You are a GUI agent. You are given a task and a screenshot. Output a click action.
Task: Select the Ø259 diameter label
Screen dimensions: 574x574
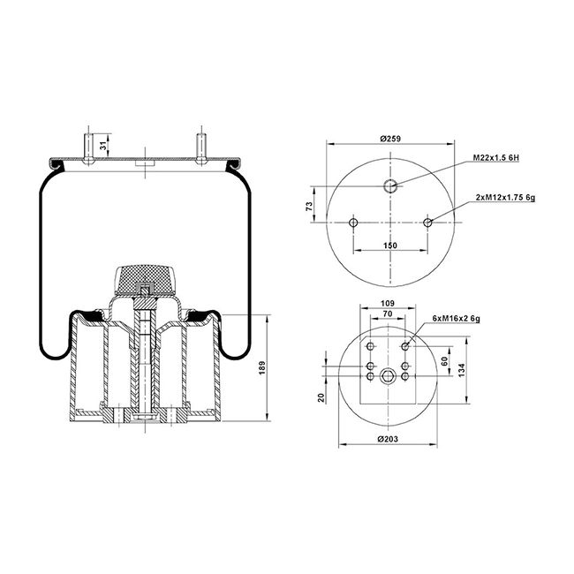(x=390, y=138)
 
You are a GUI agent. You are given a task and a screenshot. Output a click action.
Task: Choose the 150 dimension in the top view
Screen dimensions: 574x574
(x=390, y=245)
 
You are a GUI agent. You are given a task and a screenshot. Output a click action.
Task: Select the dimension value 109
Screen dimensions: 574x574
(x=387, y=303)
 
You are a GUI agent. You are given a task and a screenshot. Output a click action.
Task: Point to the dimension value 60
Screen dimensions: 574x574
(x=446, y=360)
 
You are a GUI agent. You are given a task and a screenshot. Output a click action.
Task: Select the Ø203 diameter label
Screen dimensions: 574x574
(x=389, y=439)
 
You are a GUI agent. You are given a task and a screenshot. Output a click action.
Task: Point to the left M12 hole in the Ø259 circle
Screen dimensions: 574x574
(x=352, y=223)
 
